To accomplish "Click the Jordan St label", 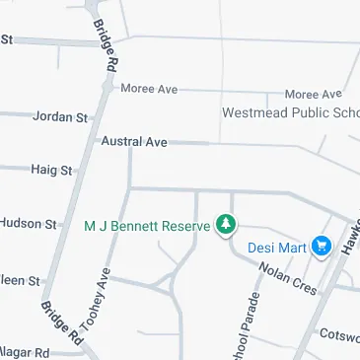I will pyautogui.click(x=60, y=117).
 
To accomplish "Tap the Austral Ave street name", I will pyautogui.click(x=134, y=142).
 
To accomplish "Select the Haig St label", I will pyautogui.click(x=52, y=171).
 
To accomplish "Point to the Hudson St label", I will pyautogui.click(x=29, y=224).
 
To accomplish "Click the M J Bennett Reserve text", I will pyautogui.click(x=148, y=226).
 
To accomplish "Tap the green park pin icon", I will pyautogui.click(x=227, y=226).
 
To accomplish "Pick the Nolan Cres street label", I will pyautogui.click(x=287, y=278).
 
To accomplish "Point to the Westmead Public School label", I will pyautogui.click(x=290, y=112).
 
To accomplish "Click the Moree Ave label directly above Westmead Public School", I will pyautogui.click(x=313, y=93).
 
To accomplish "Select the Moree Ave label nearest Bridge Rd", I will pyautogui.click(x=149, y=89).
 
